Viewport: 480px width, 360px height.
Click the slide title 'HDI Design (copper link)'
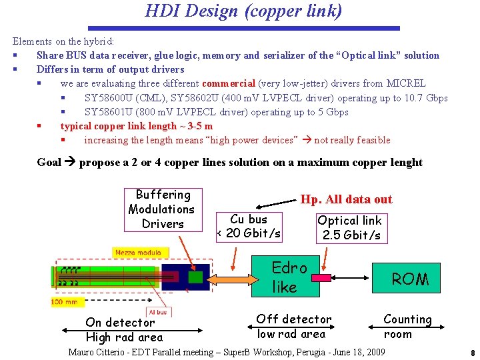point(243,11)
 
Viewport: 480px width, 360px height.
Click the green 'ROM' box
point(410,279)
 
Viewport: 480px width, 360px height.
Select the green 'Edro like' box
point(289,277)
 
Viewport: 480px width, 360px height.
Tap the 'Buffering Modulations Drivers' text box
point(163,209)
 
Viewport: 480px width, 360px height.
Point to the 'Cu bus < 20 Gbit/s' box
point(249,226)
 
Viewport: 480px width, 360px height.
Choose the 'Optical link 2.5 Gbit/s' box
point(350,227)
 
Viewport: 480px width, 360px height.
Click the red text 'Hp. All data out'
point(346,199)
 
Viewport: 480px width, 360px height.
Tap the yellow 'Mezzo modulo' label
point(133,253)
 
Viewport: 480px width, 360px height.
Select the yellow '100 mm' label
point(67,302)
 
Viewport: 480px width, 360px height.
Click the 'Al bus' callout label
point(158,311)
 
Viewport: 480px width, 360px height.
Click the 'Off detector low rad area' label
point(293,327)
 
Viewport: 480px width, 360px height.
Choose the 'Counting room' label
point(407,327)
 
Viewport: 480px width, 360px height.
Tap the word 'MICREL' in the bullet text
point(406,83)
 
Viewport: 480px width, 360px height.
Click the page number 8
point(472,353)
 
